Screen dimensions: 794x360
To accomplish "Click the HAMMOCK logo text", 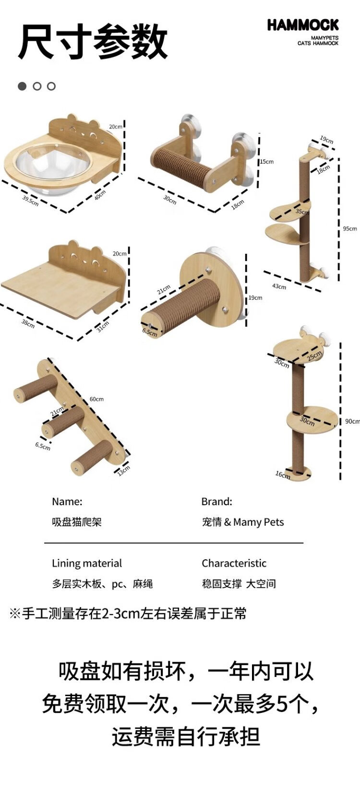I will [303, 25].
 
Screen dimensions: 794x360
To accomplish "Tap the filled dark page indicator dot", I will [22, 86].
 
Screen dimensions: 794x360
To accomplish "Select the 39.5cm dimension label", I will [30, 200].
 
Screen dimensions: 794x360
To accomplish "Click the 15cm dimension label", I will [267, 162].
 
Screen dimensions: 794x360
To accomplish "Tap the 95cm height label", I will [349, 229].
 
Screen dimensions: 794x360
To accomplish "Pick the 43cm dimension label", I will [279, 286].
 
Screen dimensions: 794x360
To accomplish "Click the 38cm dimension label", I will [28, 324].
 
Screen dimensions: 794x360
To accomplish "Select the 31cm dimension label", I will [102, 327].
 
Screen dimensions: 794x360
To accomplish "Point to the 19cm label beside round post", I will [255, 298].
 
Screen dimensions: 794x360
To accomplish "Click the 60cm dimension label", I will [96, 399].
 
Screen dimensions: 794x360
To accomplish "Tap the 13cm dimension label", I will [123, 471].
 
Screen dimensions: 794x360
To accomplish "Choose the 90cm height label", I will [352, 421].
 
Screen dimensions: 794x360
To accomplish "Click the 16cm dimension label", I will [282, 474].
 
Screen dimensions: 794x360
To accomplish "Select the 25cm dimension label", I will [314, 357].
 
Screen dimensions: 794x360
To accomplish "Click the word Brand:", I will [216, 502].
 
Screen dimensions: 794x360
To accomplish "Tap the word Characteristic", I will [234, 563].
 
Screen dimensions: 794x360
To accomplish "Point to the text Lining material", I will [87, 563].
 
